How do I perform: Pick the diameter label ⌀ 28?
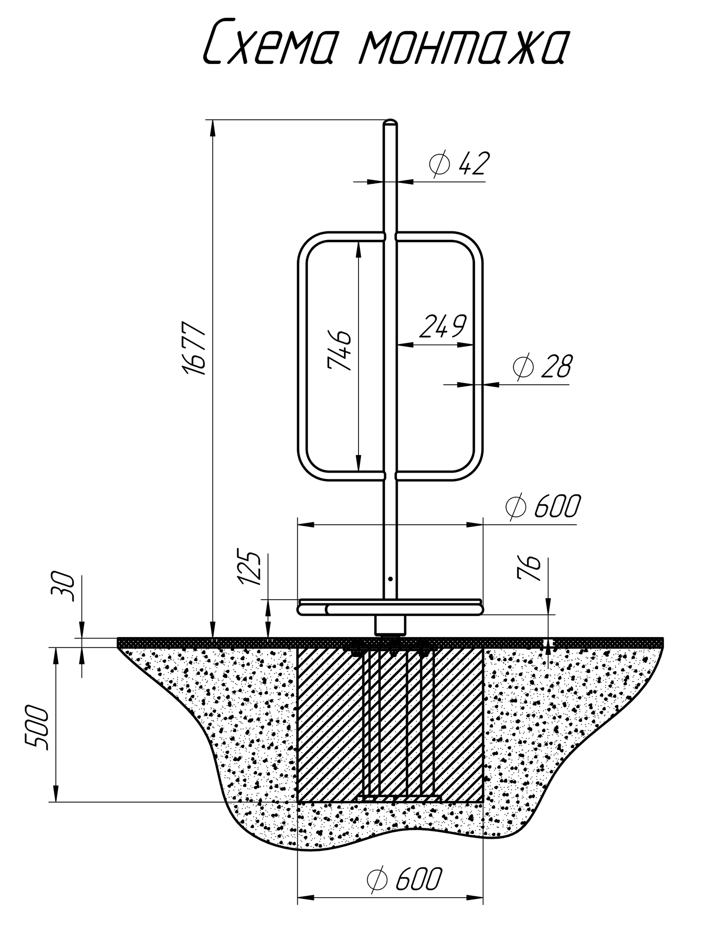(x=541, y=367)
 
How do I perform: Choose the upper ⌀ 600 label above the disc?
(x=543, y=506)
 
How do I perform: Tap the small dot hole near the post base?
(x=390, y=579)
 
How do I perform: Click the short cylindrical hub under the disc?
(x=390, y=625)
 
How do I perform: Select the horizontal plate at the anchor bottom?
(x=398, y=798)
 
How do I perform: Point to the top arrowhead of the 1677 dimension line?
(x=212, y=129)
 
